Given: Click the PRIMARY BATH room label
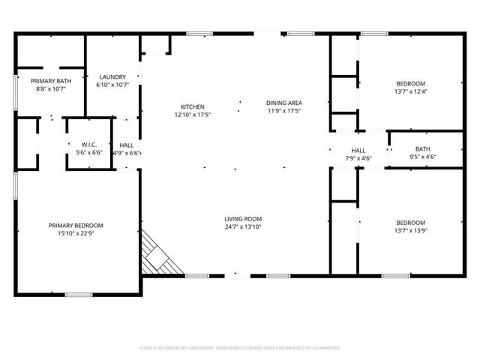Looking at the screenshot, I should (x=49, y=80).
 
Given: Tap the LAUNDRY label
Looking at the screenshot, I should (x=112, y=76).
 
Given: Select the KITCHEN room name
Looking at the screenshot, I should (x=193, y=106).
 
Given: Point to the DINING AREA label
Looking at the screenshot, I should (x=283, y=102).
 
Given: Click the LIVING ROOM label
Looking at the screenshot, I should (x=243, y=219).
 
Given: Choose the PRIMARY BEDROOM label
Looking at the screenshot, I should (x=76, y=225).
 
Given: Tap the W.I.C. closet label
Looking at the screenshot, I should (x=80, y=144).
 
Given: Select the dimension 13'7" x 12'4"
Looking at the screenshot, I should (x=411, y=91).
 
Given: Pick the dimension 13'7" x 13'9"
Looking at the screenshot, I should (x=411, y=231).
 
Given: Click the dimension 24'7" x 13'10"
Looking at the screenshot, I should (x=243, y=227).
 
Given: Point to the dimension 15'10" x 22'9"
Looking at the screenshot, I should (x=76, y=233).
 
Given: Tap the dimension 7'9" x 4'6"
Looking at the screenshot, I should (x=358, y=158).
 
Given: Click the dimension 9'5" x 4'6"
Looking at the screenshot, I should (x=423, y=157).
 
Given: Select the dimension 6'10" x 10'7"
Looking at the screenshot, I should (x=112, y=85).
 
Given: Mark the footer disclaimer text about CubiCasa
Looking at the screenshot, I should (x=240, y=348).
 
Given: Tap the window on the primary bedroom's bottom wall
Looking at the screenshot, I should (x=78, y=294).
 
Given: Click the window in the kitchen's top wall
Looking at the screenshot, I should (x=199, y=33).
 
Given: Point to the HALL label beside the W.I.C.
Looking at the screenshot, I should (x=127, y=145).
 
